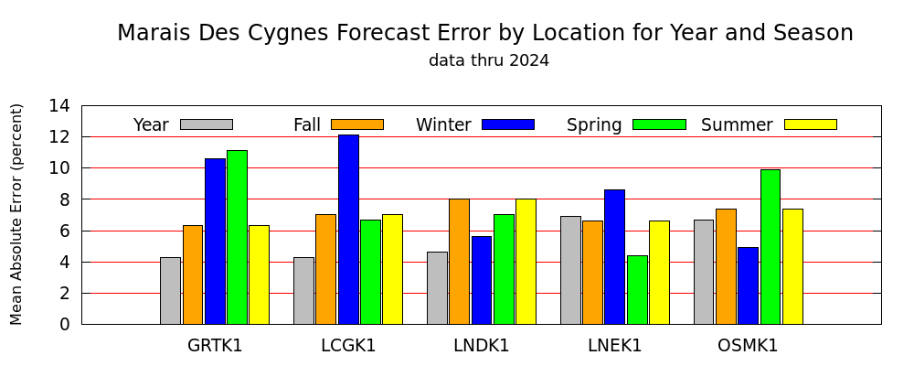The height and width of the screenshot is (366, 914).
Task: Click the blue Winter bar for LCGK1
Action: [x=348, y=230]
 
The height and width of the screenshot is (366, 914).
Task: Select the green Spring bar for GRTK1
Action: [x=238, y=237]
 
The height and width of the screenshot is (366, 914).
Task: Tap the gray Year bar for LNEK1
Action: [x=570, y=270]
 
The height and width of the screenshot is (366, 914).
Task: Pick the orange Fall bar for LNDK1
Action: [x=460, y=262]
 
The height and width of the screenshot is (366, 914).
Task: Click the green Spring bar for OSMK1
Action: [x=771, y=247]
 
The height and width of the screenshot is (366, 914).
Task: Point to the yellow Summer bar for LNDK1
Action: [x=526, y=262]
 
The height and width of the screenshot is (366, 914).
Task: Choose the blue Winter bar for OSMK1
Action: [x=749, y=286]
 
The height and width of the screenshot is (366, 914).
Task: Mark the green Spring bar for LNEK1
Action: [x=637, y=289]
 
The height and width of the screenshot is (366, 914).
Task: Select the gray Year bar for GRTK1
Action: [x=170, y=291]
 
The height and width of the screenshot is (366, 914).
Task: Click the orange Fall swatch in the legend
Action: [x=357, y=124]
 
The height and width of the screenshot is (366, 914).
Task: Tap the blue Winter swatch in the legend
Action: [x=508, y=124]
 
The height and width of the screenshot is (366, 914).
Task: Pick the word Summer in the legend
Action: [x=737, y=125]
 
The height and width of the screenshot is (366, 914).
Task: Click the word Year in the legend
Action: [x=151, y=125]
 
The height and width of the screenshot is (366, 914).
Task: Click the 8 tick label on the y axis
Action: [x=65, y=199]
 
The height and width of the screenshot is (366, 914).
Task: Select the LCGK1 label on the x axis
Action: [x=348, y=346]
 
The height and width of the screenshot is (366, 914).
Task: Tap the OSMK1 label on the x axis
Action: [x=748, y=346]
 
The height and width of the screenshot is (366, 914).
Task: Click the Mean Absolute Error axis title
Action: [x=16, y=214]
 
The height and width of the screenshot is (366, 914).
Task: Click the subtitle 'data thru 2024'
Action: [x=489, y=60]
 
